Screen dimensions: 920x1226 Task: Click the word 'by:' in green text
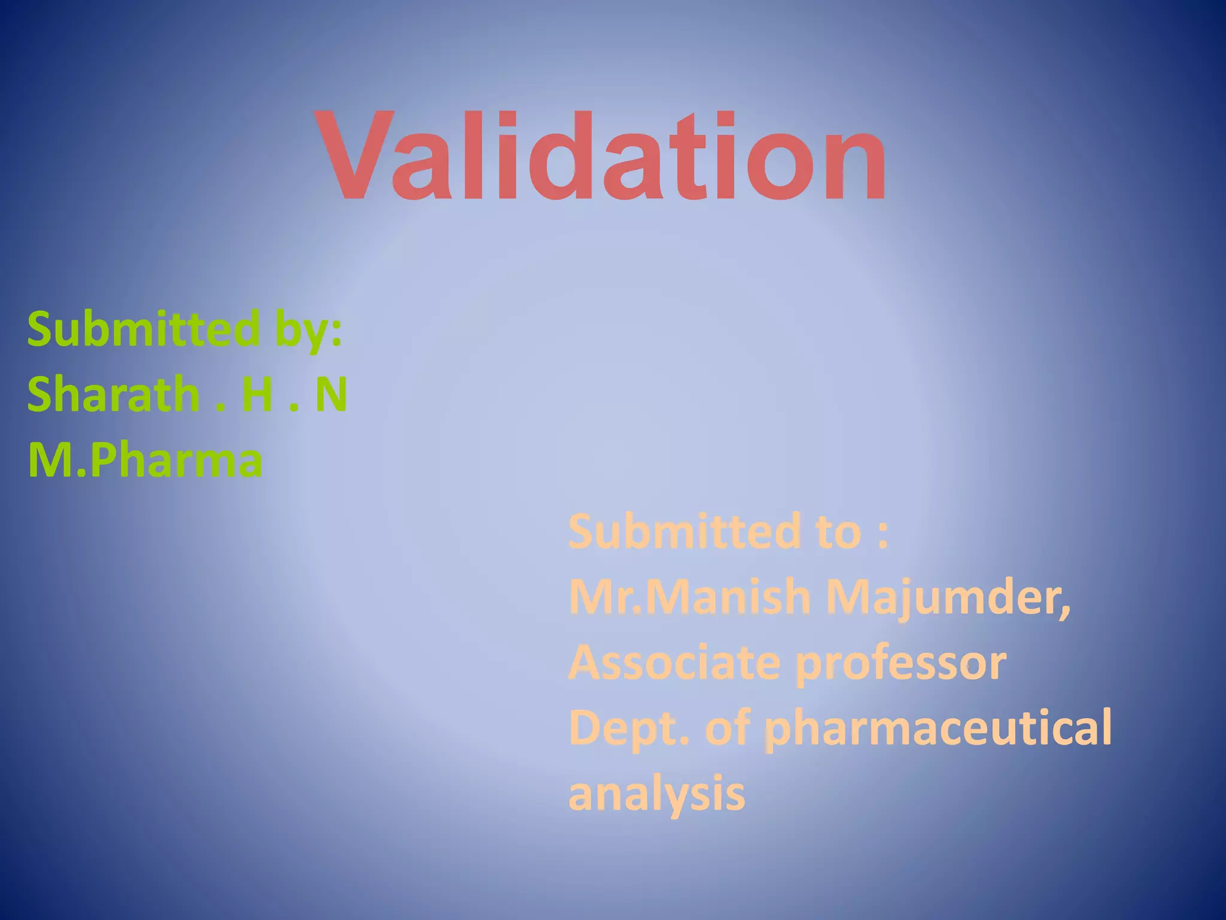coord(309,329)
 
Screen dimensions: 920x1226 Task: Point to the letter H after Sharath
coord(257,395)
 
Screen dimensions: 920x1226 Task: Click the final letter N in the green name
coord(331,395)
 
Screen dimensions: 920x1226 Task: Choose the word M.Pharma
coord(145,460)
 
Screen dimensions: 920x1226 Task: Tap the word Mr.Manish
coord(688,597)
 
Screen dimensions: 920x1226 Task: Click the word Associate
coord(675,663)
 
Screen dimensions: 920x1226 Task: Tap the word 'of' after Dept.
coord(727,728)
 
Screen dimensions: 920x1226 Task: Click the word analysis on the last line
coord(657,794)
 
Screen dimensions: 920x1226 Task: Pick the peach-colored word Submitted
coord(684,531)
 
